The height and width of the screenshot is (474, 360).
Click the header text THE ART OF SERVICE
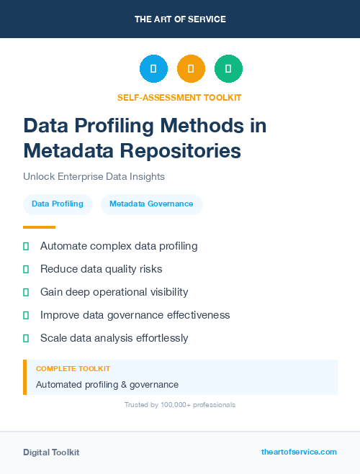click(x=180, y=19)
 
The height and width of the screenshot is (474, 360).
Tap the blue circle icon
click(x=153, y=69)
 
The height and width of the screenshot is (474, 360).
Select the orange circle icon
click(x=191, y=69)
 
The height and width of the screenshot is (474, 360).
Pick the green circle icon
click(x=228, y=69)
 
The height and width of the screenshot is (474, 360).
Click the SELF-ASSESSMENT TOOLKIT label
click(x=179, y=97)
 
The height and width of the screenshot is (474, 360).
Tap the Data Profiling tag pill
click(x=58, y=204)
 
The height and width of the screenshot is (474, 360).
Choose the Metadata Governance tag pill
click(x=151, y=204)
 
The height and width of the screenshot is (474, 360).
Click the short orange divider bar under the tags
click(x=39, y=227)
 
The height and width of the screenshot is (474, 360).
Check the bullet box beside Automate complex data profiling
click(x=26, y=246)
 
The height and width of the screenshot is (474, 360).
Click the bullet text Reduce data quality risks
click(x=101, y=269)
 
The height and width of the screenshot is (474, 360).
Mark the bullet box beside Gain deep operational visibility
click(x=26, y=292)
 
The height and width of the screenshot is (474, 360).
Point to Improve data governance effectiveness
click(x=135, y=315)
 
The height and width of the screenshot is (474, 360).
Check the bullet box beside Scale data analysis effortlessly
click(x=26, y=338)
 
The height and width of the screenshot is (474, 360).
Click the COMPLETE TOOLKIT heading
click(x=73, y=368)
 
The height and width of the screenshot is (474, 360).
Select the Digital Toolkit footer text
click(x=51, y=452)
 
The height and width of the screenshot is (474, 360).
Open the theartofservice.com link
click(x=299, y=452)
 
